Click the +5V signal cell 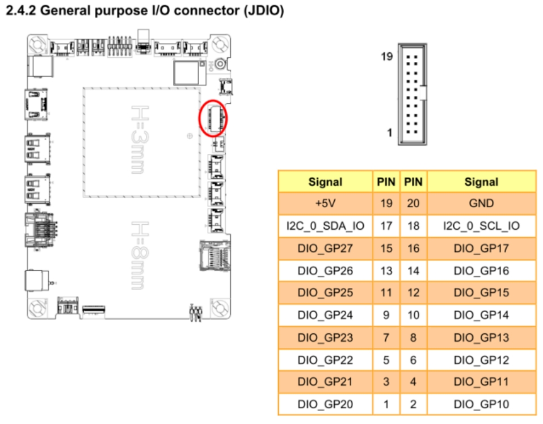coord(325,204)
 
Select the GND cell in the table coord(481,204)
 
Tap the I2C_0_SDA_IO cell coord(325,226)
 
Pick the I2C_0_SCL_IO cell coord(481,226)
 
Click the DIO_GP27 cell coord(325,248)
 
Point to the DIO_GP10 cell coord(481,405)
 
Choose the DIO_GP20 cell coord(325,405)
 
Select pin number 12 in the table coord(414,293)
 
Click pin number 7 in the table coord(386,338)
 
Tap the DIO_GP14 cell coord(481,315)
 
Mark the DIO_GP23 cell coord(325,338)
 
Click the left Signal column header coord(325,182)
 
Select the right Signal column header coord(481,182)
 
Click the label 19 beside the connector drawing coord(387,57)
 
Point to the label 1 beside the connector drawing coord(390,133)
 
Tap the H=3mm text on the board coord(139,138)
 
